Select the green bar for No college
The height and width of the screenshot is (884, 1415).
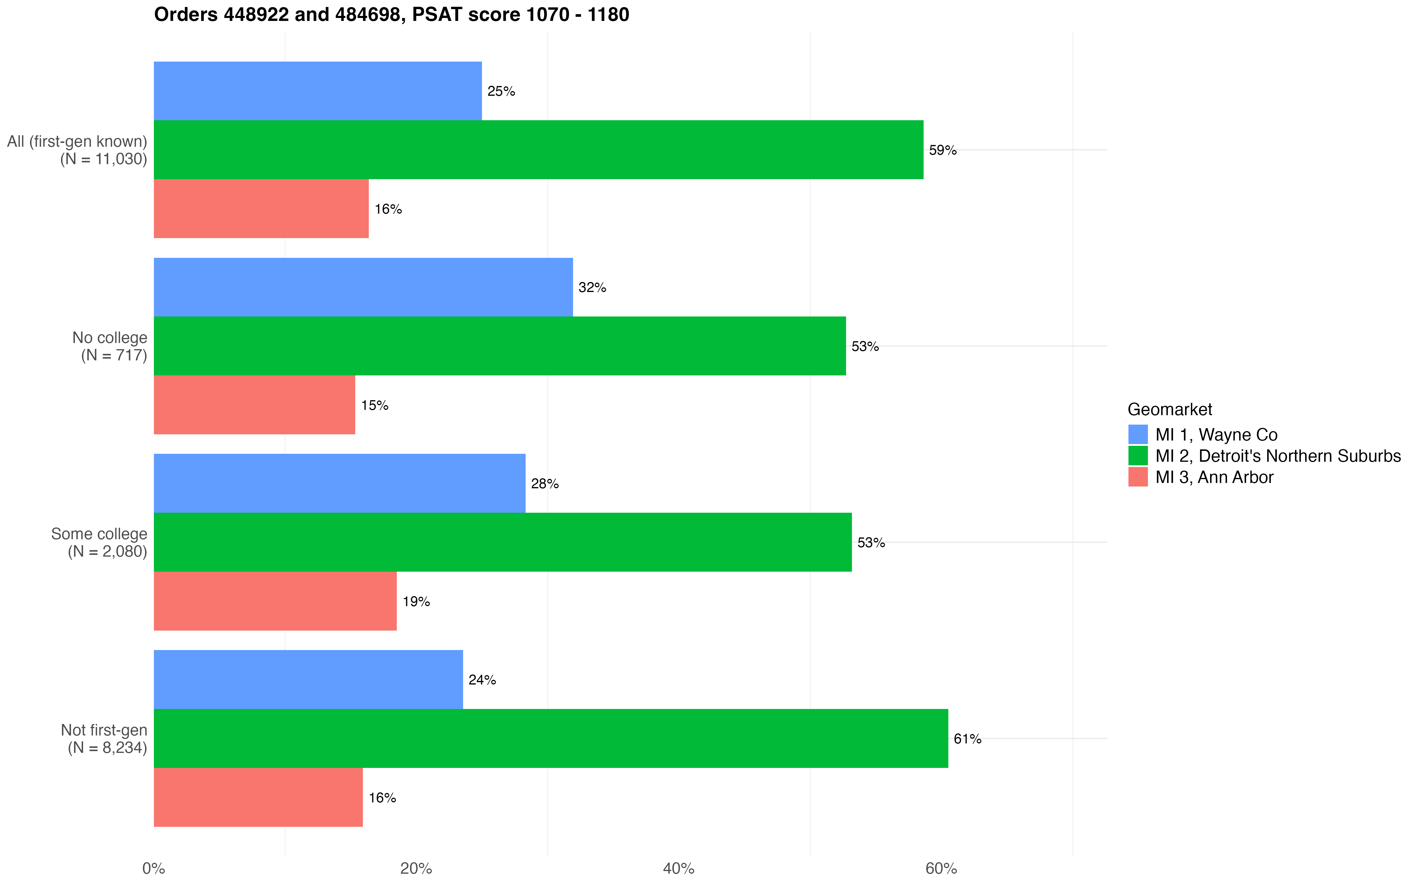click(x=499, y=346)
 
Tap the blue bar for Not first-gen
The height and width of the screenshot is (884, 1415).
click(x=308, y=680)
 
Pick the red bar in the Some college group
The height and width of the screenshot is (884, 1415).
click(x=275, y=601)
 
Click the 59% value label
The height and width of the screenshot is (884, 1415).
click(x=942, y=150)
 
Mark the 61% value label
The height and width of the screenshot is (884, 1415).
click(x=967, y=739)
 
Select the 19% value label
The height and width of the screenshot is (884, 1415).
click(x=416, y=602)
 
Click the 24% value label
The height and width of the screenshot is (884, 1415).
click(x=482, y=680)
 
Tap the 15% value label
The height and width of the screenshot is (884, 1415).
click(x=374, y=406)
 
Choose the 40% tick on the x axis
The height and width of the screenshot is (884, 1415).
click(x=678, y=869)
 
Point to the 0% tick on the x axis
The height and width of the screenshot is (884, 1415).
click(x=154, y=869)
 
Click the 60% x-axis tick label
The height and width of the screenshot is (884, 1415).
click(x=941, y=869)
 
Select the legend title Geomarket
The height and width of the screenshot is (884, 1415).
click(x=1169, y=409)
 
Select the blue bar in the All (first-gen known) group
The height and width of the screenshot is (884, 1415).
click(x=317, y=91)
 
